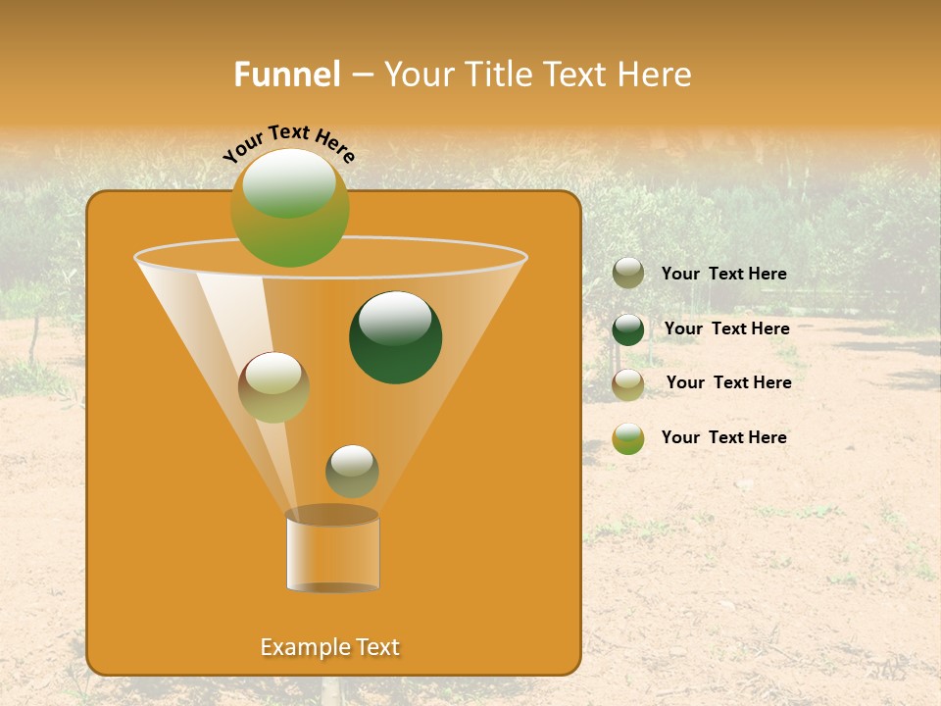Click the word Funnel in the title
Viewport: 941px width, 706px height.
click(286, 75)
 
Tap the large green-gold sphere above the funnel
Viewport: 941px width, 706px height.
click(289, 208)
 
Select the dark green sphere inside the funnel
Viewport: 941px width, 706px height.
click(395, 337)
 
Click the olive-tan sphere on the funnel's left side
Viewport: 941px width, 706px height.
click(273, 387)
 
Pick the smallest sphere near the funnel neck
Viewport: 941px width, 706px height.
click(352, 471)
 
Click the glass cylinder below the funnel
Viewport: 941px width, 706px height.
click(332, 551)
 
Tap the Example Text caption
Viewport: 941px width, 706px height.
click(329, 647)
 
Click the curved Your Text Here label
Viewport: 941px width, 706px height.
click(288, 143)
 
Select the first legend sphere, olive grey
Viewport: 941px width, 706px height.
click(627, 274)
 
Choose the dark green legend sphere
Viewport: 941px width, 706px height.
click(627, 329)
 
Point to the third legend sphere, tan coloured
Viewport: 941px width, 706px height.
click(627, 384)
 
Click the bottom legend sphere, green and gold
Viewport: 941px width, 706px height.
click(627, 438)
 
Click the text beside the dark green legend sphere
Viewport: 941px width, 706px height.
click(726, 328)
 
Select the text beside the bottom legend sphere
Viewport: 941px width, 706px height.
click(723, 437)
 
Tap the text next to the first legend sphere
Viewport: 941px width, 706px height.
click(723, 275)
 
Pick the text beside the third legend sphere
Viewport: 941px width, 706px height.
click(728, 382)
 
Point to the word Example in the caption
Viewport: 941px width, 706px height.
click(300, 647)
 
